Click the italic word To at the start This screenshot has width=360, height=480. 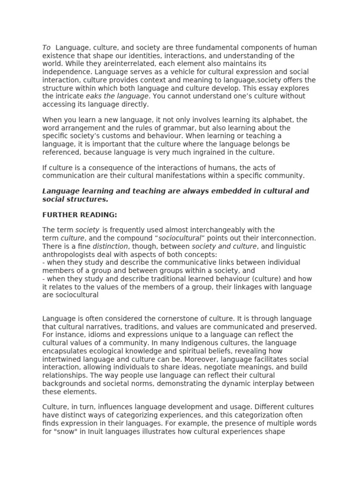coord(46,48)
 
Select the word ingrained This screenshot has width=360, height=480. coord(207,152)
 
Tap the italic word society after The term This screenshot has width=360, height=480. coord(87,230)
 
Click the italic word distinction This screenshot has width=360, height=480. coord(110,246)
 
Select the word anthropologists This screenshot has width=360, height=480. coord(68,254)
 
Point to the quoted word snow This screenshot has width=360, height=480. coord(66,431)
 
